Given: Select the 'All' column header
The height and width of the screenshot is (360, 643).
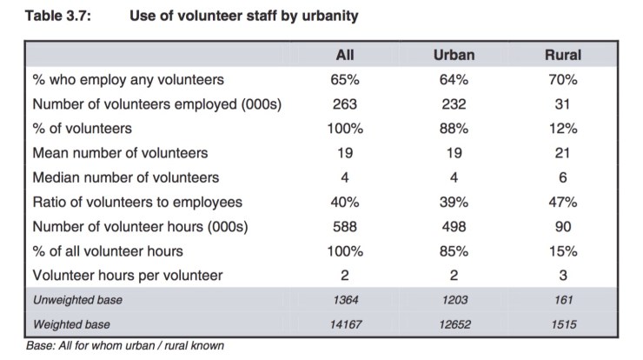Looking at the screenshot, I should pos(345,55).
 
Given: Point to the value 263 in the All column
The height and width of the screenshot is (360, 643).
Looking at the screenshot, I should pos(345,104).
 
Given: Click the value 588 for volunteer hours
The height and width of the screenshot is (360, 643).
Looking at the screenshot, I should pos(345,227).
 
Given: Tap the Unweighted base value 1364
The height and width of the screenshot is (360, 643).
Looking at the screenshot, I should pos(345,300).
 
